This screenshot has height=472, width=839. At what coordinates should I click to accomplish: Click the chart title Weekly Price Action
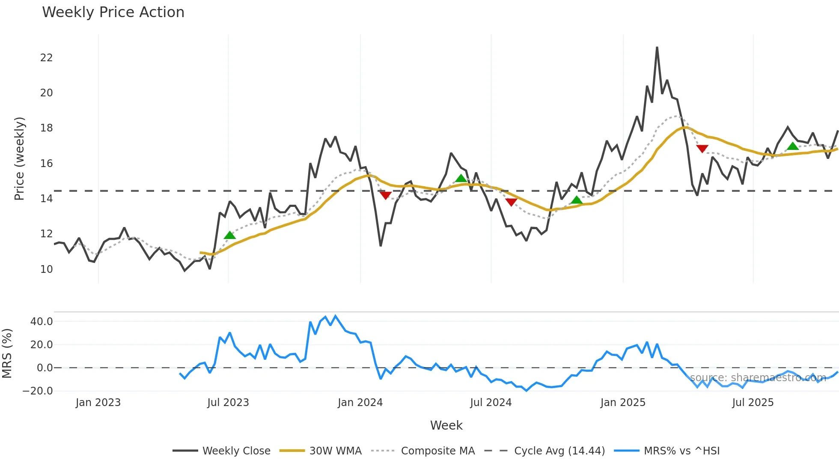(113, 12)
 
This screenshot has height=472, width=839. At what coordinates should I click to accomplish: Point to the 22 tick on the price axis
(46, 58)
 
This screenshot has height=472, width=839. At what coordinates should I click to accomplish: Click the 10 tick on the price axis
(46, 269)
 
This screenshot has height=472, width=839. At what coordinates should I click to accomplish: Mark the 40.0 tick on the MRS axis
(42, 322)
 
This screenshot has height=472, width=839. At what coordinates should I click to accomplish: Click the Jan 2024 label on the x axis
(360, 403)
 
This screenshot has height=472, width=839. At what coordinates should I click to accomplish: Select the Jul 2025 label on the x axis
(753, 403)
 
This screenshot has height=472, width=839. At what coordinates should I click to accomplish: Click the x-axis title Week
(446, 425)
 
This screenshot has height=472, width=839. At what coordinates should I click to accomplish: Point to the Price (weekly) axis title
(19, 158)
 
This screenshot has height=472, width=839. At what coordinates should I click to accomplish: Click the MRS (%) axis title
(7, 353)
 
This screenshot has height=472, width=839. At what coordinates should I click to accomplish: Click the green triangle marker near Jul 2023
(230, 235)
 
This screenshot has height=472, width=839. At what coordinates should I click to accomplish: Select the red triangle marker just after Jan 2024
(386, 195)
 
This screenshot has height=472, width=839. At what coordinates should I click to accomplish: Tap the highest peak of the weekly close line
(657, 48)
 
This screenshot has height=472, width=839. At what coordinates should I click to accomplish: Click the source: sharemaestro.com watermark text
(758, 378)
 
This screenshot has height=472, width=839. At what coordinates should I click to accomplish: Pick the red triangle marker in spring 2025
(702, 149)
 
